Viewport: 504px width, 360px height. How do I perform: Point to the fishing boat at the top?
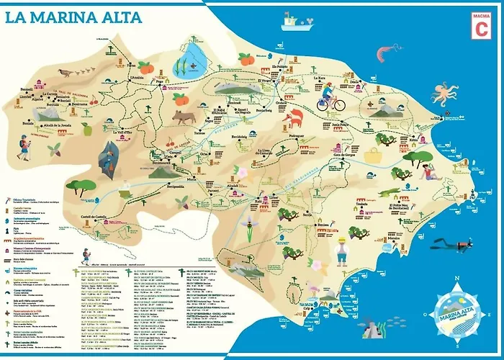click(x=296, y=21)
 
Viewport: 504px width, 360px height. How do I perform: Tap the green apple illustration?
click(x=86, y=130)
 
